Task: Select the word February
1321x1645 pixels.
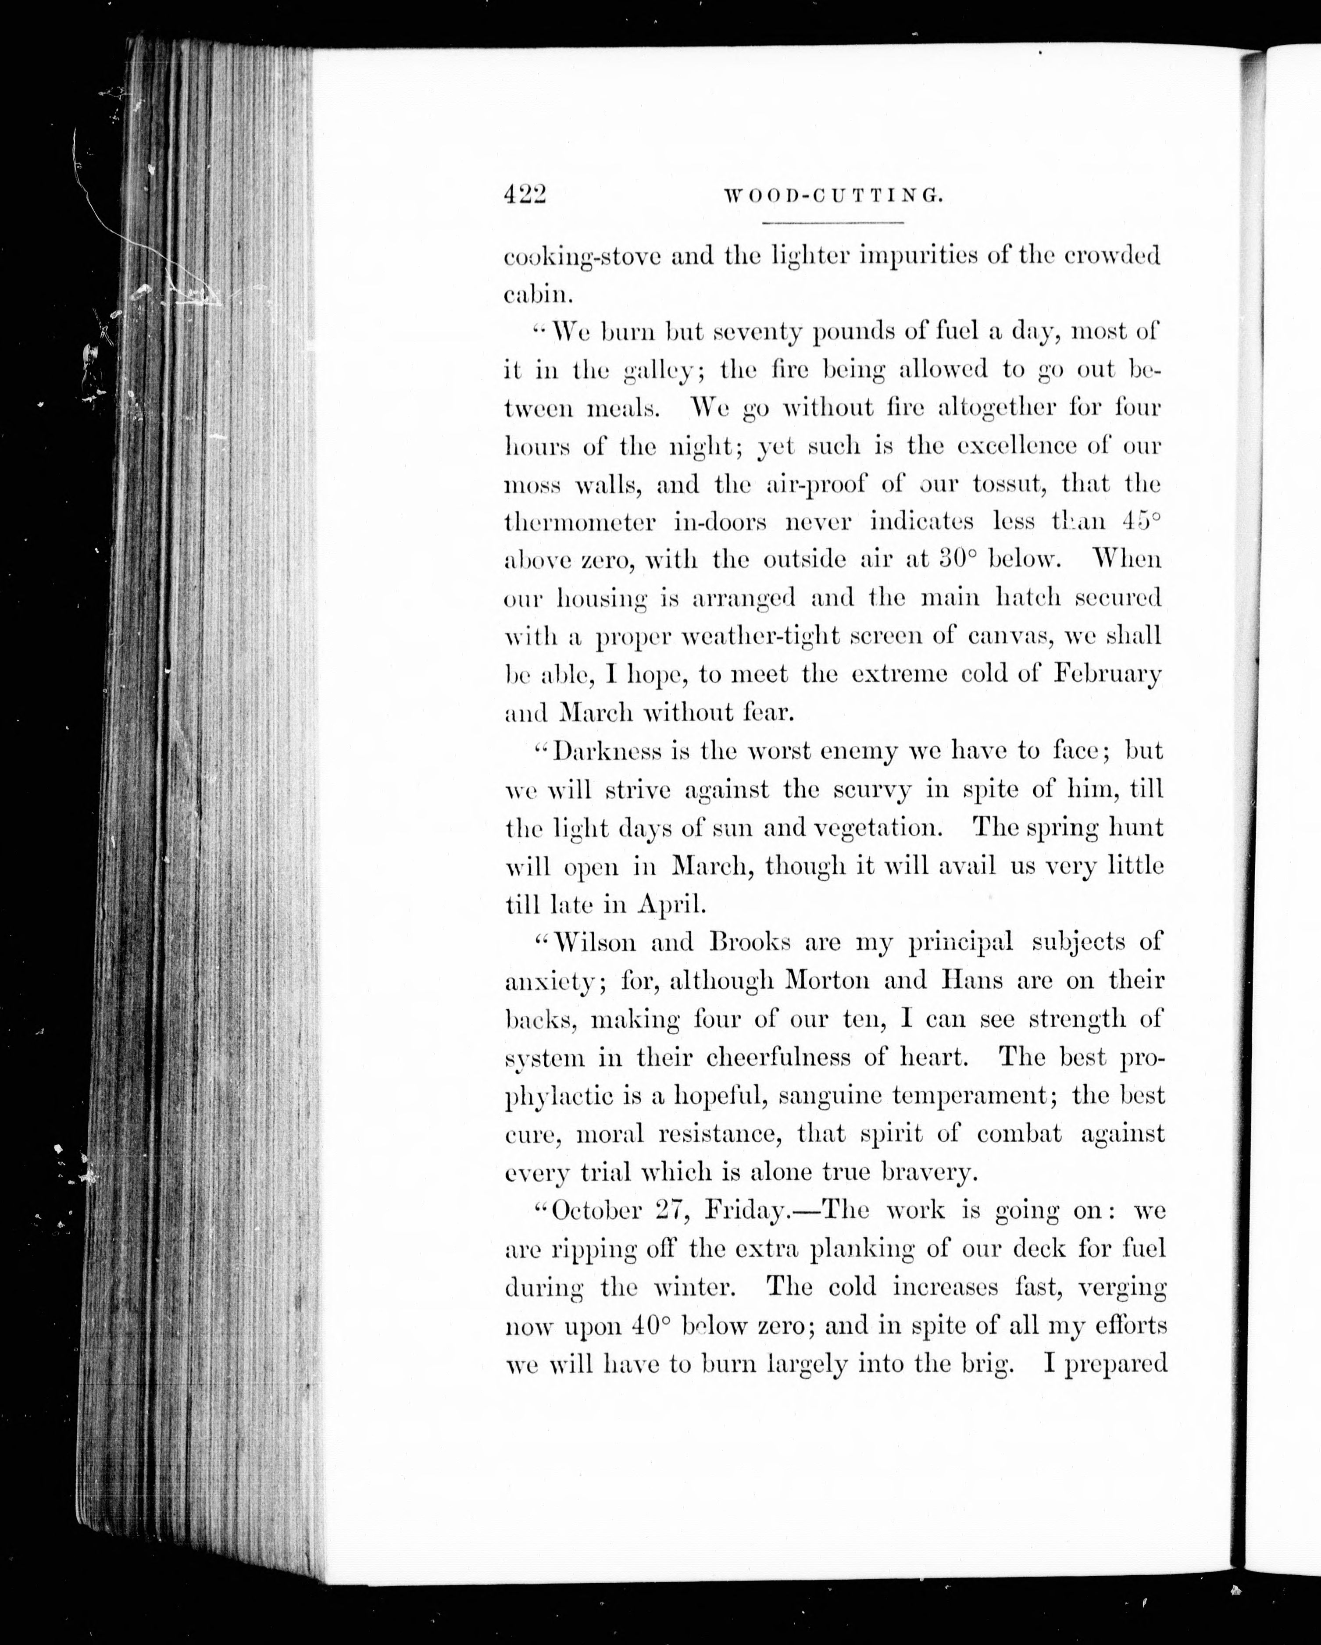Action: pyautogui.click(x=1106, y=674)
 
